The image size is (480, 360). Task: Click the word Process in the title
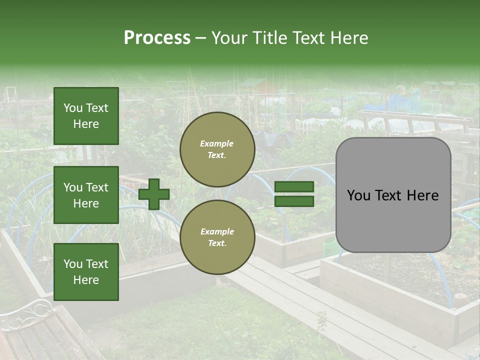pyautogui.click(x=157, y=38)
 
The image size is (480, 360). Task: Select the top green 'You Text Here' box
pyautogui.click(x=86, y=116)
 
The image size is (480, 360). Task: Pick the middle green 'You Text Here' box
pyautogui.click(x=86, y=195)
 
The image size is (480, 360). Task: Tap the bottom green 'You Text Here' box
pyautogui.click(x=86, y=271)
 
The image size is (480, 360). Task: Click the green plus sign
pyautogui.click(x=154, y=194)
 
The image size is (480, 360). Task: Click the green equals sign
pyautogui.click(x=294, y=194)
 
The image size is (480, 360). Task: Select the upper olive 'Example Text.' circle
pyautogui.click(x=217, y=149)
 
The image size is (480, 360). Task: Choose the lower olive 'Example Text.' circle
pyautogui.click(x=217, y=237)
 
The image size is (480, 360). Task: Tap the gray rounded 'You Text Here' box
pyautogui.click(x=393, y=195)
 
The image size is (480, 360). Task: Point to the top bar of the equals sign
pyautogui.click(x=294, y=186)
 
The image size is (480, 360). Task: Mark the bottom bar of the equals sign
pyautogui.click(x=294, y=201)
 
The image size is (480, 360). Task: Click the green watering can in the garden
pyautogui.click(x=330, y=245)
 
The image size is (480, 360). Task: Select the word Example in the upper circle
pyautogui.click(x=217, y=143)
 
